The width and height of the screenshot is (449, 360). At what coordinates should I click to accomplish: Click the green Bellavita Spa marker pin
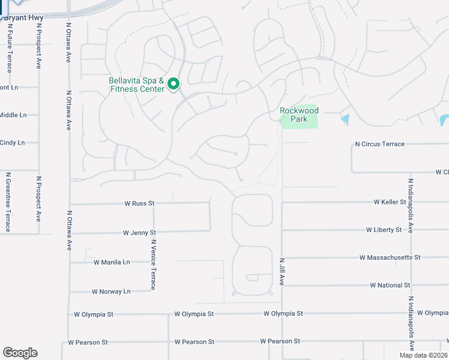[x=174, y=83]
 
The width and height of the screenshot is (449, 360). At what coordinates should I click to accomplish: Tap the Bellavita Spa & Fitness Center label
[x=136, y=85]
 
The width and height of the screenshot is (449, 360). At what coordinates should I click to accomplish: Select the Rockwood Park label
[x=299, y=115]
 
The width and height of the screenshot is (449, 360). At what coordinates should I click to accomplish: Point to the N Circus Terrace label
[x=379, y=144]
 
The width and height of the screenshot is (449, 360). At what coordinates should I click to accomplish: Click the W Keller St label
[x=390, y=202]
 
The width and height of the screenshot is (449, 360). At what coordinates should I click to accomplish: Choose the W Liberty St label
[x=384, y=230]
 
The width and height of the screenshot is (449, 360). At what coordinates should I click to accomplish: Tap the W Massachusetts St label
[x=390, y=257]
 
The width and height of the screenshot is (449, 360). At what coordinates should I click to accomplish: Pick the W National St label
[x=390, y=285]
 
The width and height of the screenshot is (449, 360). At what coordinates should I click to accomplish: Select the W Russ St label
[x=139, y=203]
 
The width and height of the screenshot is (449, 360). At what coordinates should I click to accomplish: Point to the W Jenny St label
[x=139, y=232]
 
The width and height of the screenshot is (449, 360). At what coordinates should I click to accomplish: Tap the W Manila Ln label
[x=112, y=262]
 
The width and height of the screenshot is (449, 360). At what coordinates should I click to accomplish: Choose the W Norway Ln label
[x=110, y=292]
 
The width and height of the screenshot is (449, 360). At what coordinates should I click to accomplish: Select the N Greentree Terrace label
[x=8, y=202]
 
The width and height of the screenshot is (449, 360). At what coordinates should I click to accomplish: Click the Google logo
[x=20, y=353]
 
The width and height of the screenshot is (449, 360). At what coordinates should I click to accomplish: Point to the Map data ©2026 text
[x=423, y=355]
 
